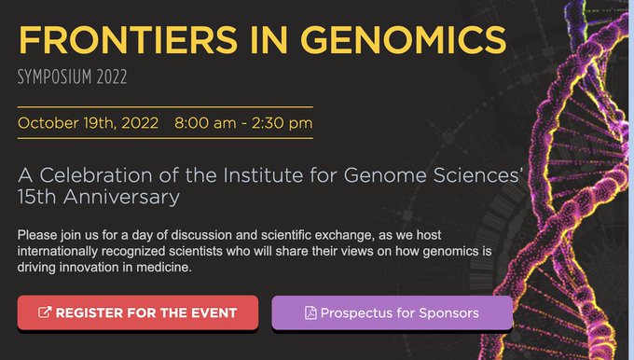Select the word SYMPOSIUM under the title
click(55, 76)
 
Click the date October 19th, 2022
click(89, 122)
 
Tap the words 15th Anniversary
click(97, 197)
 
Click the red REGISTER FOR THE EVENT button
click(137, 312)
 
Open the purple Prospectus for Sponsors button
click(392, 312)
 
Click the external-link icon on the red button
click(44, 312)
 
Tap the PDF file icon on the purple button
click(310, 312)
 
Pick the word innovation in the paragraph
click(77, 268)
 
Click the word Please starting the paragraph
click(37, 234)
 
